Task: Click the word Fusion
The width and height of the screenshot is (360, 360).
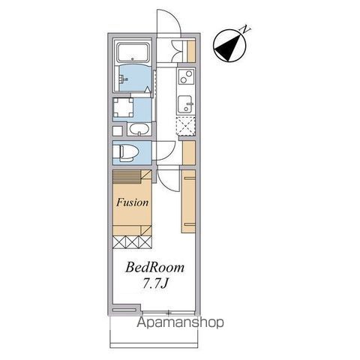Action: pyautogui.click(x=133, y=202)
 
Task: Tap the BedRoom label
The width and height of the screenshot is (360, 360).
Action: pyautogui.click(x=154, y=267)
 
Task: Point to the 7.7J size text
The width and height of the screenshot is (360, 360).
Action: pyautogui.click(x=154, y=283)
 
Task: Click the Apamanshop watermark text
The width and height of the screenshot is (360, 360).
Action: pyautogui.click(x=180, y=322)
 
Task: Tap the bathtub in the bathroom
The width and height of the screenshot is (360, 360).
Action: pyautogui.click(x=133, y=52)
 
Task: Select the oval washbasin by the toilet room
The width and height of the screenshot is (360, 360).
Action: pyautogui.click(x=139, y=129)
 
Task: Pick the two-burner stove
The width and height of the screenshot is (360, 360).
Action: pyautogui.click(x=186, y=76)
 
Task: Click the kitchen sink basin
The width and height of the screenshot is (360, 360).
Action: pyautogui.click(x=185, y=104)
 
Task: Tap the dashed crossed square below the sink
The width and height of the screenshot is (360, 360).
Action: pyautogui.click(x=186, y=126)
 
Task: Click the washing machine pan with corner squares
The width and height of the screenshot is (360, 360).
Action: pyautogui.click(x=123, y=108)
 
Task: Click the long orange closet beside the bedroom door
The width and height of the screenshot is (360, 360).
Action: pyautogui.click(x=188, y=202)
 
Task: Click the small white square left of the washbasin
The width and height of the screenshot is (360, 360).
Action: pyautogui.click(x=117, y=130)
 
